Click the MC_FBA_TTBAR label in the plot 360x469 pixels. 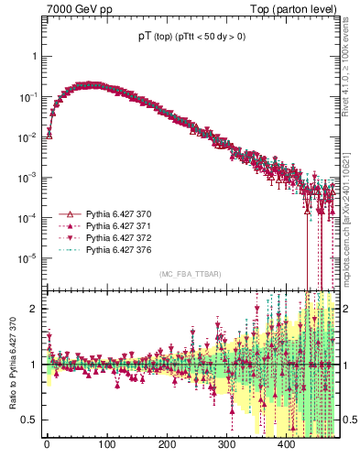(190, 275)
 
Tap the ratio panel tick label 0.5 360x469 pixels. (29, 420)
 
